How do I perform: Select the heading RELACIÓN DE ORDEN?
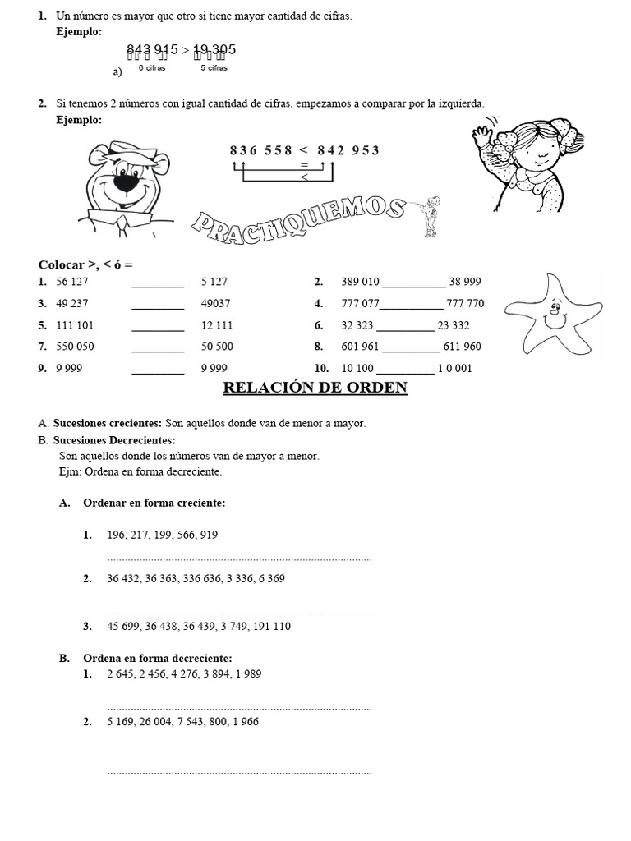point(315,388)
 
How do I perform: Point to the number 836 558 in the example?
point(261,149)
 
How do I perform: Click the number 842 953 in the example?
point(348,149)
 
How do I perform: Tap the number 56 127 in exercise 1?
point(72,282)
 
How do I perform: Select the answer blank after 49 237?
point(158,304)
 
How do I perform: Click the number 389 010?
point(360,282)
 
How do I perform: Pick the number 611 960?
point(462,347)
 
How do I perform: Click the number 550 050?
point(75,347)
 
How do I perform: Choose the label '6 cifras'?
point(152,68)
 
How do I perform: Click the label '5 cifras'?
point(214,68)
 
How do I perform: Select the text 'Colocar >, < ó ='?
point(85,264)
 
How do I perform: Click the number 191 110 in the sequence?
point(269,626)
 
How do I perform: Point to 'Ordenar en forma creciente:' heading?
point(154,503)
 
